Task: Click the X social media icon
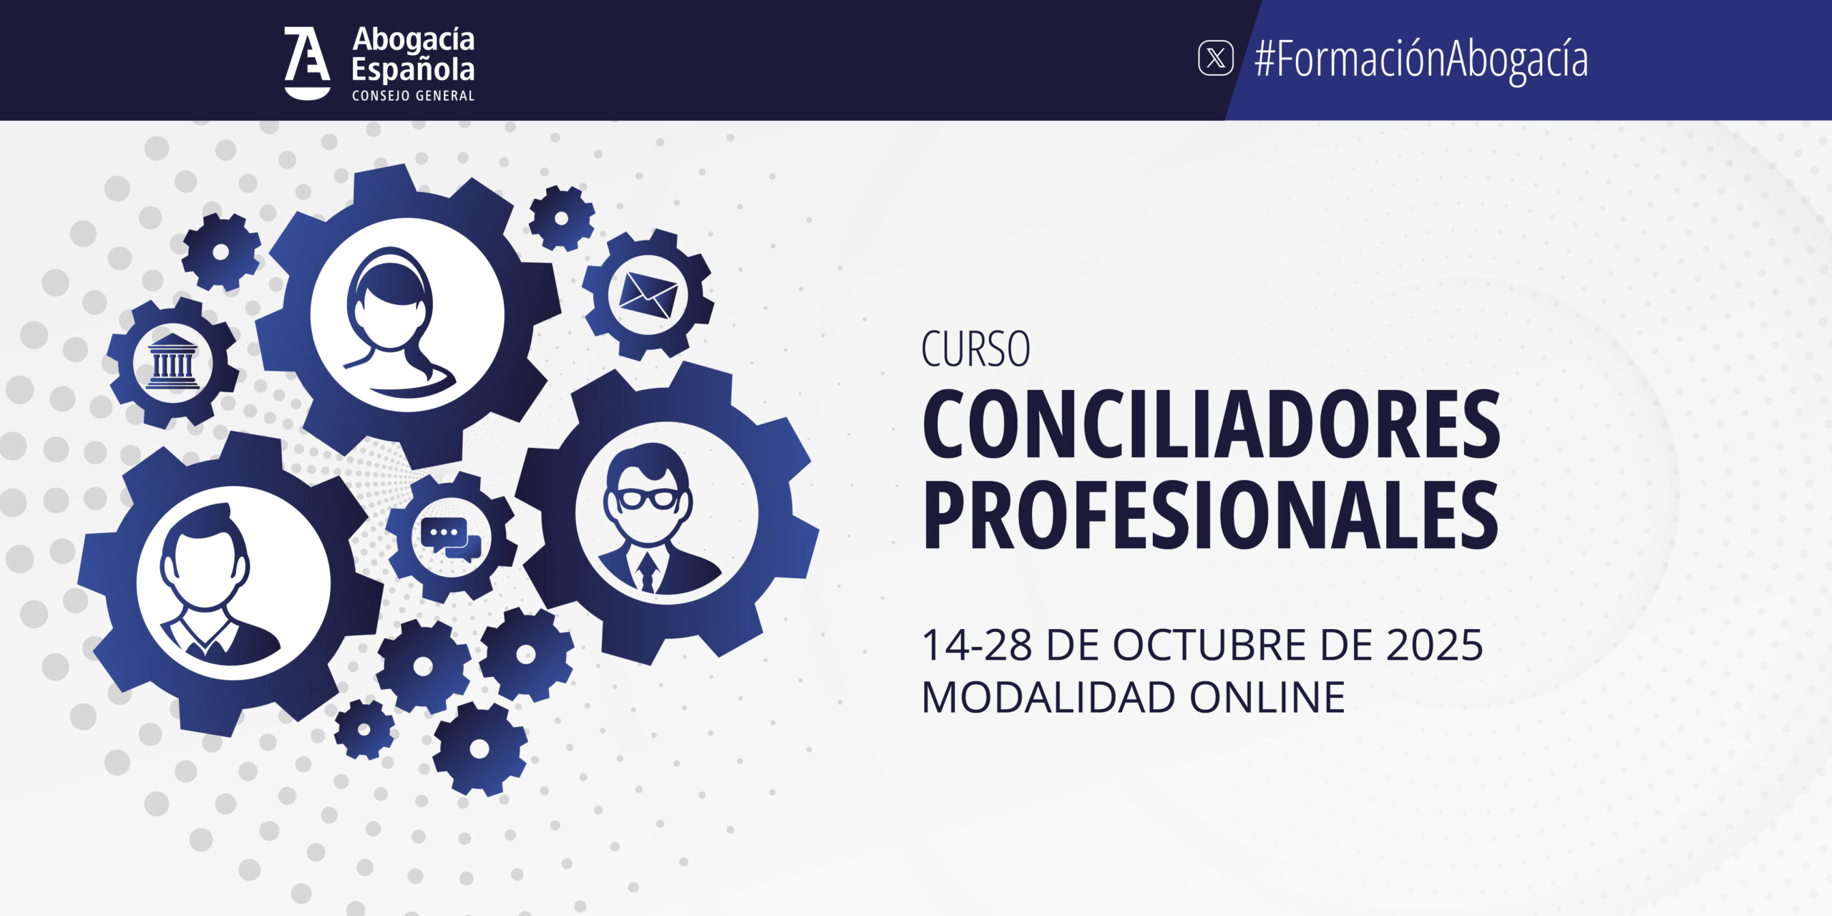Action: [x=1216, y=58]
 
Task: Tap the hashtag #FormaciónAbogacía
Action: [x=1421, y=59]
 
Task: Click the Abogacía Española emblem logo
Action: [x=307, y=63]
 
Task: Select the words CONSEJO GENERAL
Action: [x=413, y=96]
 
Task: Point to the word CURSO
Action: [x=975, y=349]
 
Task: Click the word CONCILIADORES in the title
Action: [x=1211, y=425]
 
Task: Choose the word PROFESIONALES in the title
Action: [x=1210, y=515]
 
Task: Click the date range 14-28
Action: [x=976, y=645]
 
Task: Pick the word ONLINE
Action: [x=1268, y=697]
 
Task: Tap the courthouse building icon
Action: [x=172, y=361]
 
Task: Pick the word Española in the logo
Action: [x=413, y=70]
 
